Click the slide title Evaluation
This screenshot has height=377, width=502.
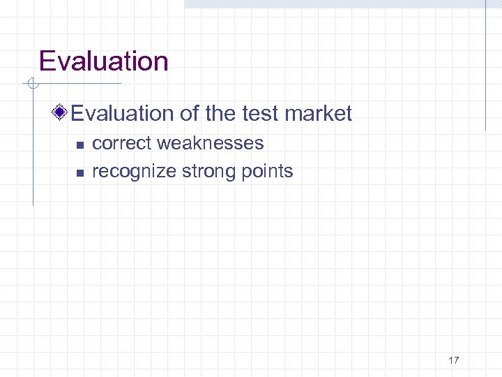103,61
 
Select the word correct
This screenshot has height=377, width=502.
121,143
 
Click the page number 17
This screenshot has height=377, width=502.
453,361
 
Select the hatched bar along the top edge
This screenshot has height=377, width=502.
335,3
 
